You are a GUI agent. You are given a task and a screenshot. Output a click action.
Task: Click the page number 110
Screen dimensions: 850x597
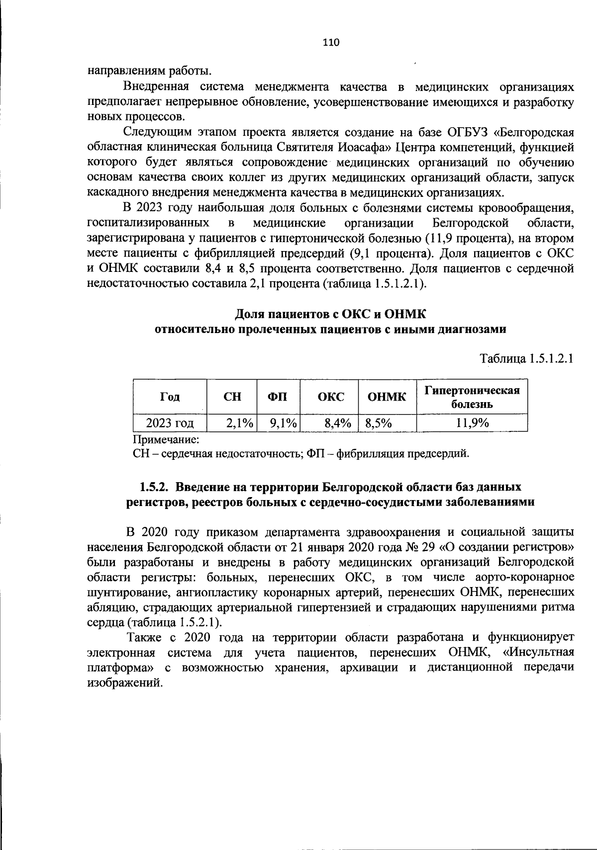coord(331,43)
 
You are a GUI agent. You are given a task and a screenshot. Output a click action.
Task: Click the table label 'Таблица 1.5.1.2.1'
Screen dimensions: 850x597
coord(526,358)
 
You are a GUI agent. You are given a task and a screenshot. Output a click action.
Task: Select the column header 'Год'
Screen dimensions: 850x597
coord(170,397)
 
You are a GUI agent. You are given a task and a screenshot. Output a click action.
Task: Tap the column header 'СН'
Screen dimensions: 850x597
coord(232,397)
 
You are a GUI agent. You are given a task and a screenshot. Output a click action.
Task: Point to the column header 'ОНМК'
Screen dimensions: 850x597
coord(387,397)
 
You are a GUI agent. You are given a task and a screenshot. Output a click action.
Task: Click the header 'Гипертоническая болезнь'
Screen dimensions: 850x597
coord(472,397)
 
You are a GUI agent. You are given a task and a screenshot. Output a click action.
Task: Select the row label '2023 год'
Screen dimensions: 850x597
coord(170,424)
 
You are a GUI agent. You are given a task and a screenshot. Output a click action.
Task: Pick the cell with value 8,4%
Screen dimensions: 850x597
coord(337,424)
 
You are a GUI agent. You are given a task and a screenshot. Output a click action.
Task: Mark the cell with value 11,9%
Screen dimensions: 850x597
coord(472,424)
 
